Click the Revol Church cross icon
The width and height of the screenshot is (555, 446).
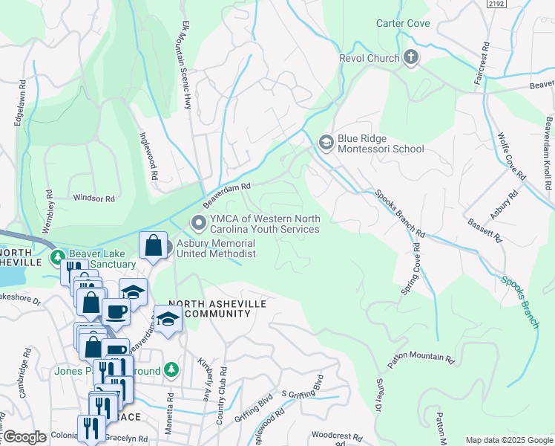(x=411, y=58)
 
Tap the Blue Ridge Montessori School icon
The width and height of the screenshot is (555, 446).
(x=325, y=141)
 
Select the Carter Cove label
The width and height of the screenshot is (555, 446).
(x=403, y=24)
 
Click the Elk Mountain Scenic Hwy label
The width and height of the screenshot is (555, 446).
(x=186, y=65)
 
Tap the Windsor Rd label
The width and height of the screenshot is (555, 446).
(x=94, y=198)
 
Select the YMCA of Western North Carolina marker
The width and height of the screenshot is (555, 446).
(x=198, y=222)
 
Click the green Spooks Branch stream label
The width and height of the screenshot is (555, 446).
(x=519, y=291)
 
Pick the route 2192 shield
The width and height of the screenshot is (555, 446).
(x=497, y=4)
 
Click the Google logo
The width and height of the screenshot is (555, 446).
(x=24, y=437)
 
